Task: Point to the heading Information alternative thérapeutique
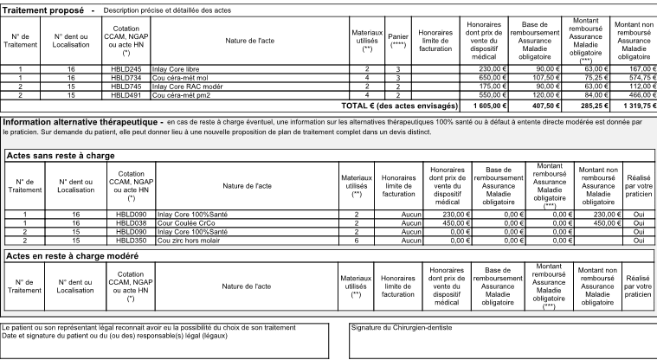pos(81,122)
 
